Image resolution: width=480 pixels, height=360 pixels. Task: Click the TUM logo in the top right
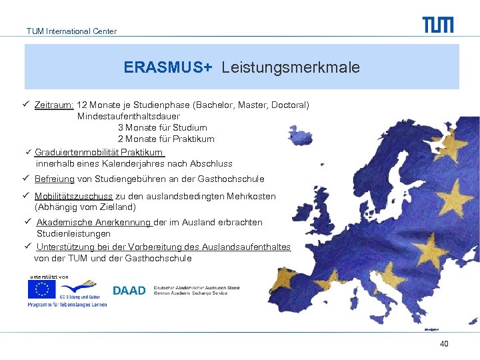[437, 25]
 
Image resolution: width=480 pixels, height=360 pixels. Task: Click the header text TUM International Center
[71, 31]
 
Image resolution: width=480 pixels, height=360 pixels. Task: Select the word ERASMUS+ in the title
[167, 67]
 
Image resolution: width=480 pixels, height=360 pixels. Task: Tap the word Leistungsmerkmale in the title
[291, 67]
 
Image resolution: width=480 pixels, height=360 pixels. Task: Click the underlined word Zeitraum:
[54, 105]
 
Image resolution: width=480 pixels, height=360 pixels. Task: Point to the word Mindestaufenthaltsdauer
[128, 117]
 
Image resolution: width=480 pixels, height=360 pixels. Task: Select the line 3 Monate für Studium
[163, 127]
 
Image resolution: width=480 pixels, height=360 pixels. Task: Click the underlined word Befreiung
[55, 179]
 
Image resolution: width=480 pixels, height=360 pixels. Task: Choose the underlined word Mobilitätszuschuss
[74, 196]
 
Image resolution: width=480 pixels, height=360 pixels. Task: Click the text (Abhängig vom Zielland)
[85, 207]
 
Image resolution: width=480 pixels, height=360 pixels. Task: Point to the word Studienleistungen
[73, 234]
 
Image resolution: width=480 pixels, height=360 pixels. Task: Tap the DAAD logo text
[129, 291]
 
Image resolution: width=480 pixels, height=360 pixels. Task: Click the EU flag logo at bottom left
[41, 289]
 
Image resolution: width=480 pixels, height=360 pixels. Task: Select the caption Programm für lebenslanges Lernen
[67, 305]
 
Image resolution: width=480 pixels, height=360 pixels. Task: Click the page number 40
[444, 343]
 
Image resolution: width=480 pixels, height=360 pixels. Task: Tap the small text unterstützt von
[49, 276]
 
